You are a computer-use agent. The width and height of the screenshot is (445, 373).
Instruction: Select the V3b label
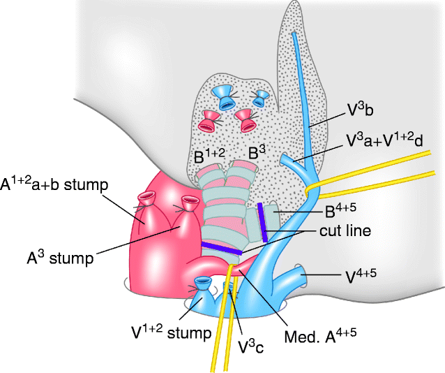(363, 109)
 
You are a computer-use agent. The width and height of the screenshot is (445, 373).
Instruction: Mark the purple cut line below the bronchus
(222, 249)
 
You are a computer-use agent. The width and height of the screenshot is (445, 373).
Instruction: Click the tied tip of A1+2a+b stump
(149, 200)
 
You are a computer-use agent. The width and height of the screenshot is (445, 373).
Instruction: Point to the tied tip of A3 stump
(188, 205)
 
